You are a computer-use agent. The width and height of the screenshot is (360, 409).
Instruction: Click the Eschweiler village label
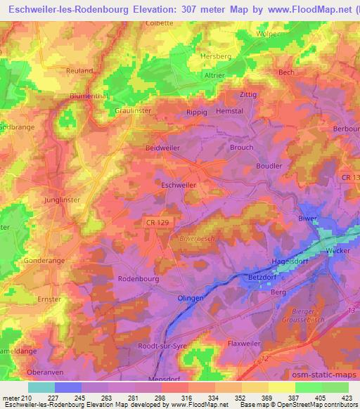click(x=178, y=185)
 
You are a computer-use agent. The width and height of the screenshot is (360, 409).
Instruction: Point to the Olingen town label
click(x=191, y=298)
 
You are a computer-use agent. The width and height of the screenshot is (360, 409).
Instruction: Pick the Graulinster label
click(x=133, y=110)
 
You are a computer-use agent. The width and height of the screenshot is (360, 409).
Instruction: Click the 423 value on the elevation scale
click(x=347, y=398)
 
